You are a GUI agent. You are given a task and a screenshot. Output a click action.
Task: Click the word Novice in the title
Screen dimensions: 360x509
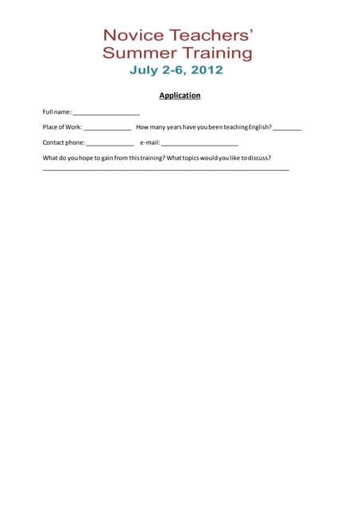134,36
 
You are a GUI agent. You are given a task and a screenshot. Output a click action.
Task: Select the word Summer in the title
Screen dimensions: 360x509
133,54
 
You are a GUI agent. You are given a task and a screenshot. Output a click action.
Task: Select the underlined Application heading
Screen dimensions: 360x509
180,95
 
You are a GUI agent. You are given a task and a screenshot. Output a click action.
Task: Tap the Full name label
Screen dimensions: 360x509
56,112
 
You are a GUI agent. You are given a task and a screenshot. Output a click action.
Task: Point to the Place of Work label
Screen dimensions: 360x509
62,127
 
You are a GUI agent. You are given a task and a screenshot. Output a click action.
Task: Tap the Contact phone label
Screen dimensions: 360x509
64,142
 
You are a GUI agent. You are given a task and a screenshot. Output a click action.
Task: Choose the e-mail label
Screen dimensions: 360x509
149,142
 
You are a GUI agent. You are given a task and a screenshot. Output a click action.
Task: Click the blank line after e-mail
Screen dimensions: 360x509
199,145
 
